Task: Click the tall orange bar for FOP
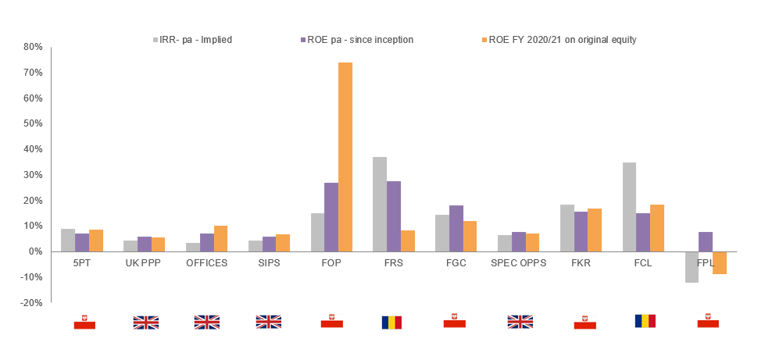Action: tap(345, 157)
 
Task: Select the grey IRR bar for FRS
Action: tap(380, 204)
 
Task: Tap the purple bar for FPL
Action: tap(705, 242)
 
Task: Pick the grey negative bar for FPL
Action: tap(692, 267)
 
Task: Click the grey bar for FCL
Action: tap(629, 207)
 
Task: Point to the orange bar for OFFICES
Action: tap(220, 238)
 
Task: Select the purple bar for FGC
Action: tap(456, 229)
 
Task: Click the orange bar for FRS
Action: tap(408, 241)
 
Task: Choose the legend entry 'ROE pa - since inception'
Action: tap(358, 40)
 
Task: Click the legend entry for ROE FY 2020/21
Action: tap(559, 40)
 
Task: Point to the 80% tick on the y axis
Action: tap(34, 47)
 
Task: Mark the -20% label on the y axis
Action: tap(32, 303)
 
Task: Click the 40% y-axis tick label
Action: tap(34, 149)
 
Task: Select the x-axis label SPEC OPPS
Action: tap(518, 263)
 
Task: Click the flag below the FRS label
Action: tap(392, 323)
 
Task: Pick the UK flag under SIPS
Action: tap(268, 323)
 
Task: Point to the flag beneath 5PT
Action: tap(84, 323)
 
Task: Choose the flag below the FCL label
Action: tap(645, 321)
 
